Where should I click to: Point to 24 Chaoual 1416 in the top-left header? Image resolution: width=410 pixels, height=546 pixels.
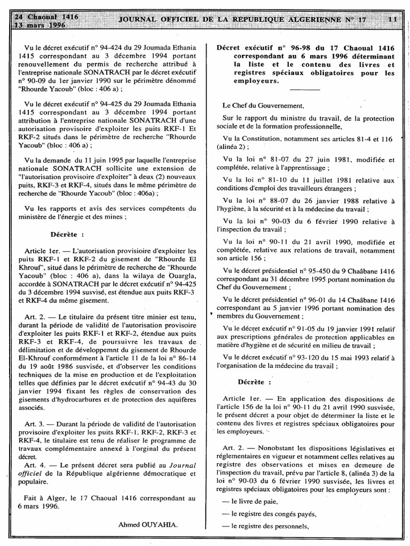click(46, 17)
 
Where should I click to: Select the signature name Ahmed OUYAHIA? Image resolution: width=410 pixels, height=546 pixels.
click(148, 525)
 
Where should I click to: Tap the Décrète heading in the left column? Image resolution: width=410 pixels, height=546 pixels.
click(67, 234)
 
